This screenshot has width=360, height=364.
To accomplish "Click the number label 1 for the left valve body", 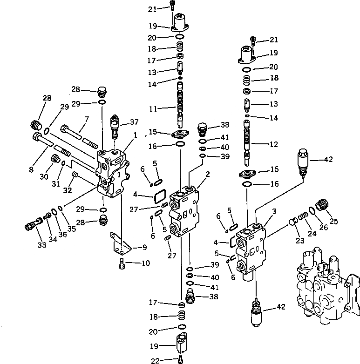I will (135, 135).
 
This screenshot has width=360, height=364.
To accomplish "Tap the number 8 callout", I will (32, 170).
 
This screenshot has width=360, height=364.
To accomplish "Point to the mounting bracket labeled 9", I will (120, 242).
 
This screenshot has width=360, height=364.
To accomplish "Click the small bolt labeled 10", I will (122, 265).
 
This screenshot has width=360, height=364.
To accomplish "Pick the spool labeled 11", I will (180, 108).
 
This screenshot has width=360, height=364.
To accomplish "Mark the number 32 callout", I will (68, 191).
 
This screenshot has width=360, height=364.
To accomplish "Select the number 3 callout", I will (274, 211).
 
